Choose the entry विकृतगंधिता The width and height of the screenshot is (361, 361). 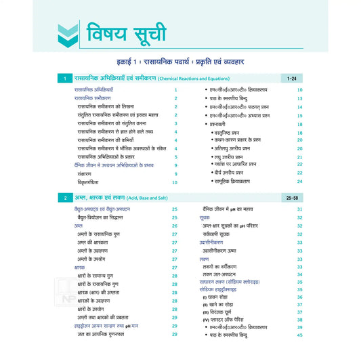[x=92, y=182]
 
